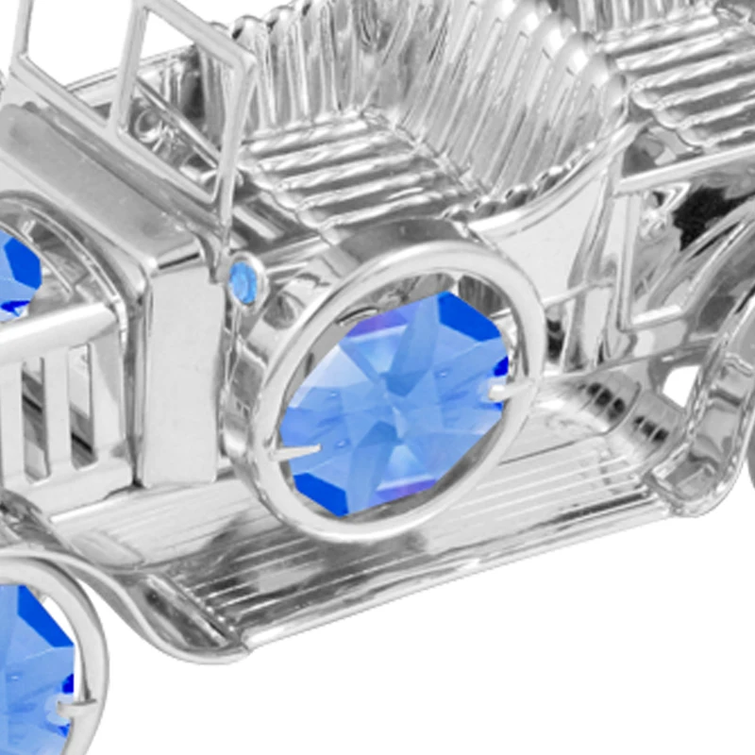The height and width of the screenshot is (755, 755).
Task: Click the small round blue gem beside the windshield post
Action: tap(244, 281)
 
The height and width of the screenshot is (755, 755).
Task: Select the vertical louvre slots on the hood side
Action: tap(57, 406)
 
